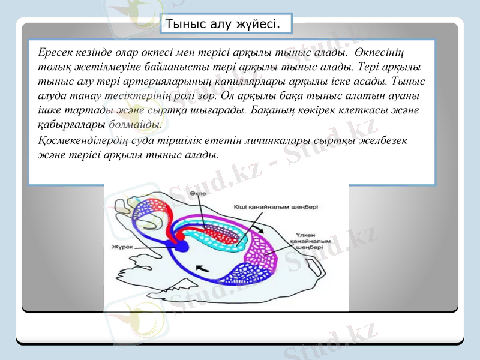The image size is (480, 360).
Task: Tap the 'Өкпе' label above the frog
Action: [197, 194]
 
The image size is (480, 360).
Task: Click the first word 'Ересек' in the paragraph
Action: [52, 52]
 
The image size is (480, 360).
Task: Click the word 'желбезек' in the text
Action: [389, 141]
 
